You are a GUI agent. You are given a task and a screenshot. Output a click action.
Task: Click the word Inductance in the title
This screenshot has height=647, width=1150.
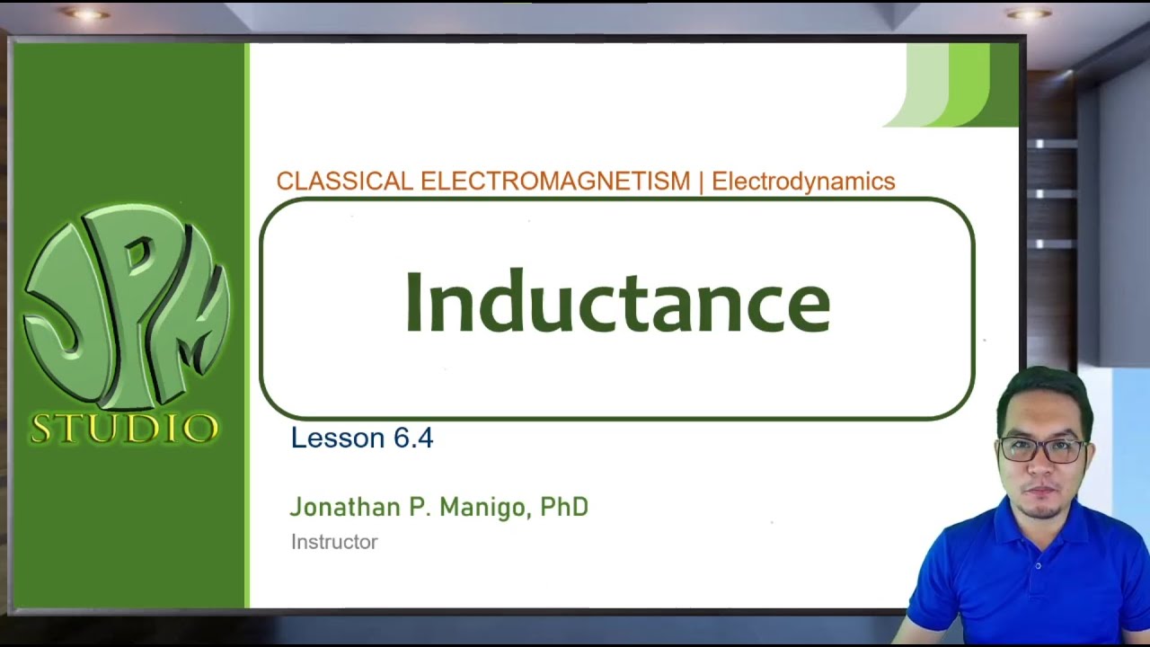(617, 302)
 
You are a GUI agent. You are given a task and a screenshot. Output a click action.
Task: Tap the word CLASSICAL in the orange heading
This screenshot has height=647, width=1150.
(344, 181)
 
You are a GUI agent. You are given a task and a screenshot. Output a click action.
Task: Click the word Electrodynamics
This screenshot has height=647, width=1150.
(803, 181)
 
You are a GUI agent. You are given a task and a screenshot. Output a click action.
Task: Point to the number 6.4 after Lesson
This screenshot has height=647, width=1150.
(413, 438)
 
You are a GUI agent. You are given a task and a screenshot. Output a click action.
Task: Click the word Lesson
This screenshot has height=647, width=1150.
(338, 438)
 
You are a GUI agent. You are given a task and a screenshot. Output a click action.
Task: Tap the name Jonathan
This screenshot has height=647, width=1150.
(344, 508)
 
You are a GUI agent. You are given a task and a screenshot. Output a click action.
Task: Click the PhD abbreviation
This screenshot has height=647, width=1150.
(564, 507)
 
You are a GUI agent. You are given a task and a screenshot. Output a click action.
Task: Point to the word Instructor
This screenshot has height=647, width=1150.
(334, 542)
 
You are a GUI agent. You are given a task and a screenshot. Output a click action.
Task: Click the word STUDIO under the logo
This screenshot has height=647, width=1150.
(124, 429)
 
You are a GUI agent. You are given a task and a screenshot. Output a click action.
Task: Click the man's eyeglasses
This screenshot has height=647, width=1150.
(1042, 450)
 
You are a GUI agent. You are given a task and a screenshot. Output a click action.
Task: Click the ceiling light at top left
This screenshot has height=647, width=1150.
(87, 14)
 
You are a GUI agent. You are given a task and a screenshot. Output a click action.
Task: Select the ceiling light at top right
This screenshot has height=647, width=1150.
(1029, 13)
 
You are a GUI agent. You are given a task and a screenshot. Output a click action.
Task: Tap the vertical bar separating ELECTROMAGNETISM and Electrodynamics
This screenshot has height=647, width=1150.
(701, 181)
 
